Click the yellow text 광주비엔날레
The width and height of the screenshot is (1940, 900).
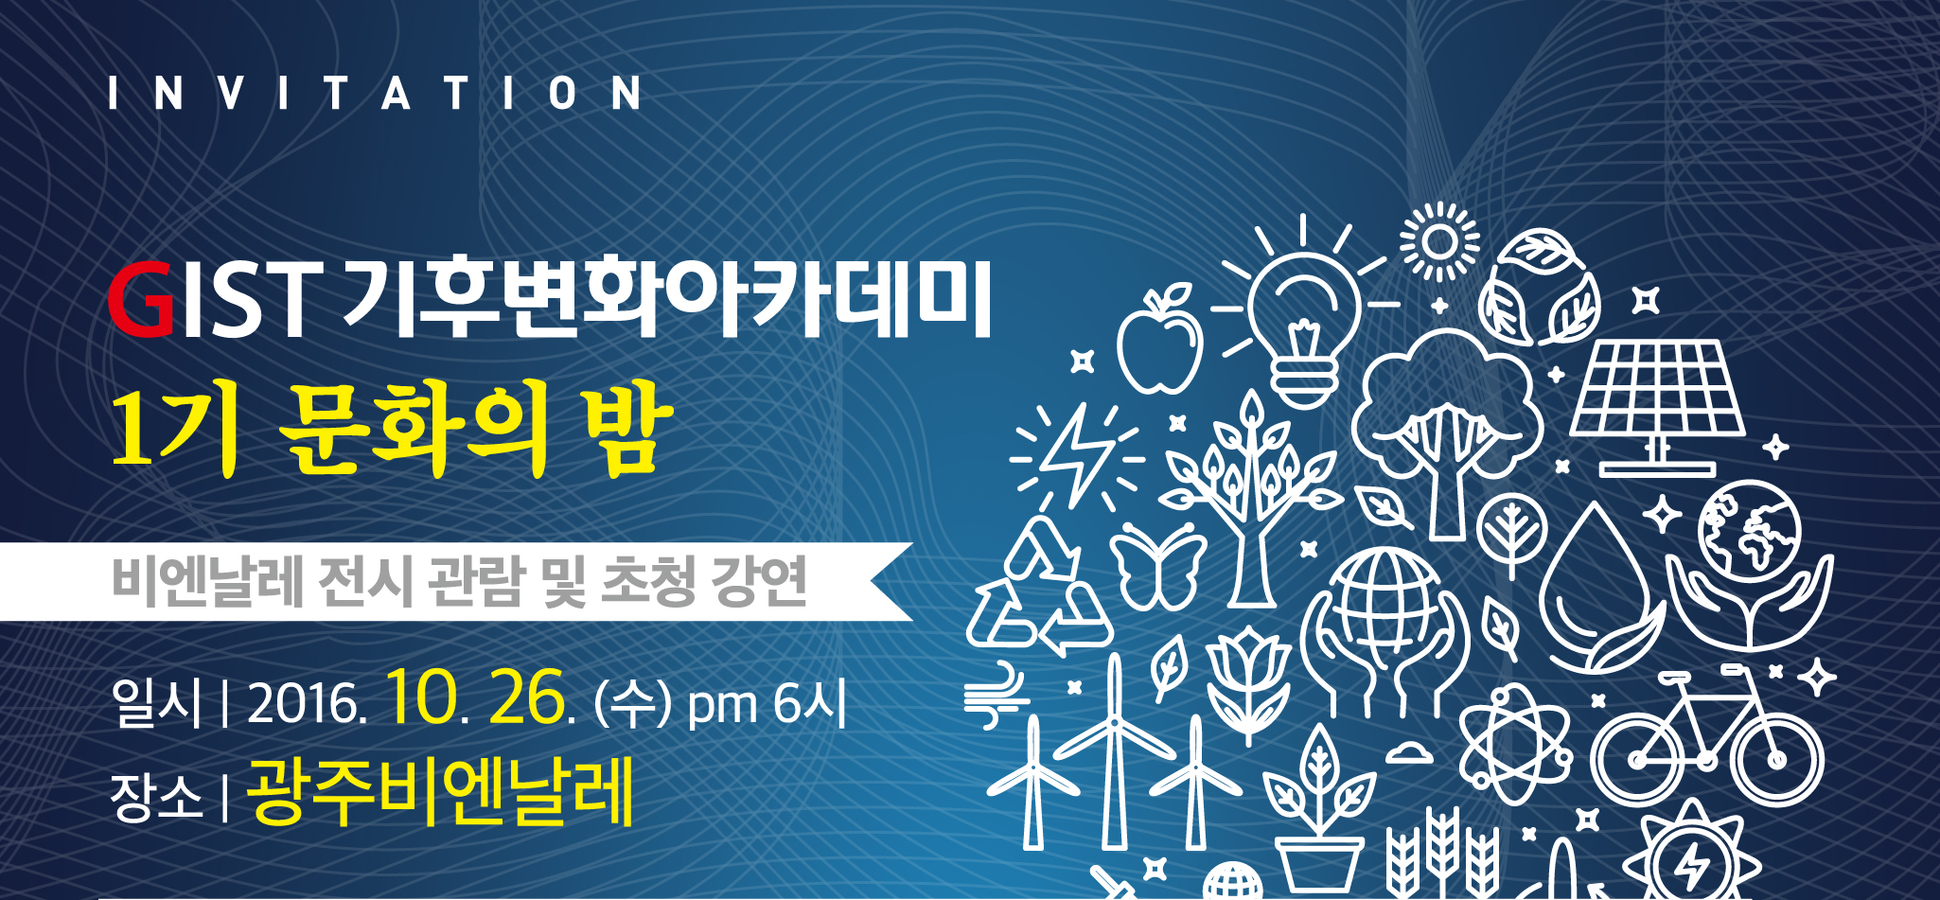439,793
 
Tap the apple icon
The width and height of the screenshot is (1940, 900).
1160,341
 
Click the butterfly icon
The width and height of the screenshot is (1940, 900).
1157,566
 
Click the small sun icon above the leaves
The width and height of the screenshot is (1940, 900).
1439,241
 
